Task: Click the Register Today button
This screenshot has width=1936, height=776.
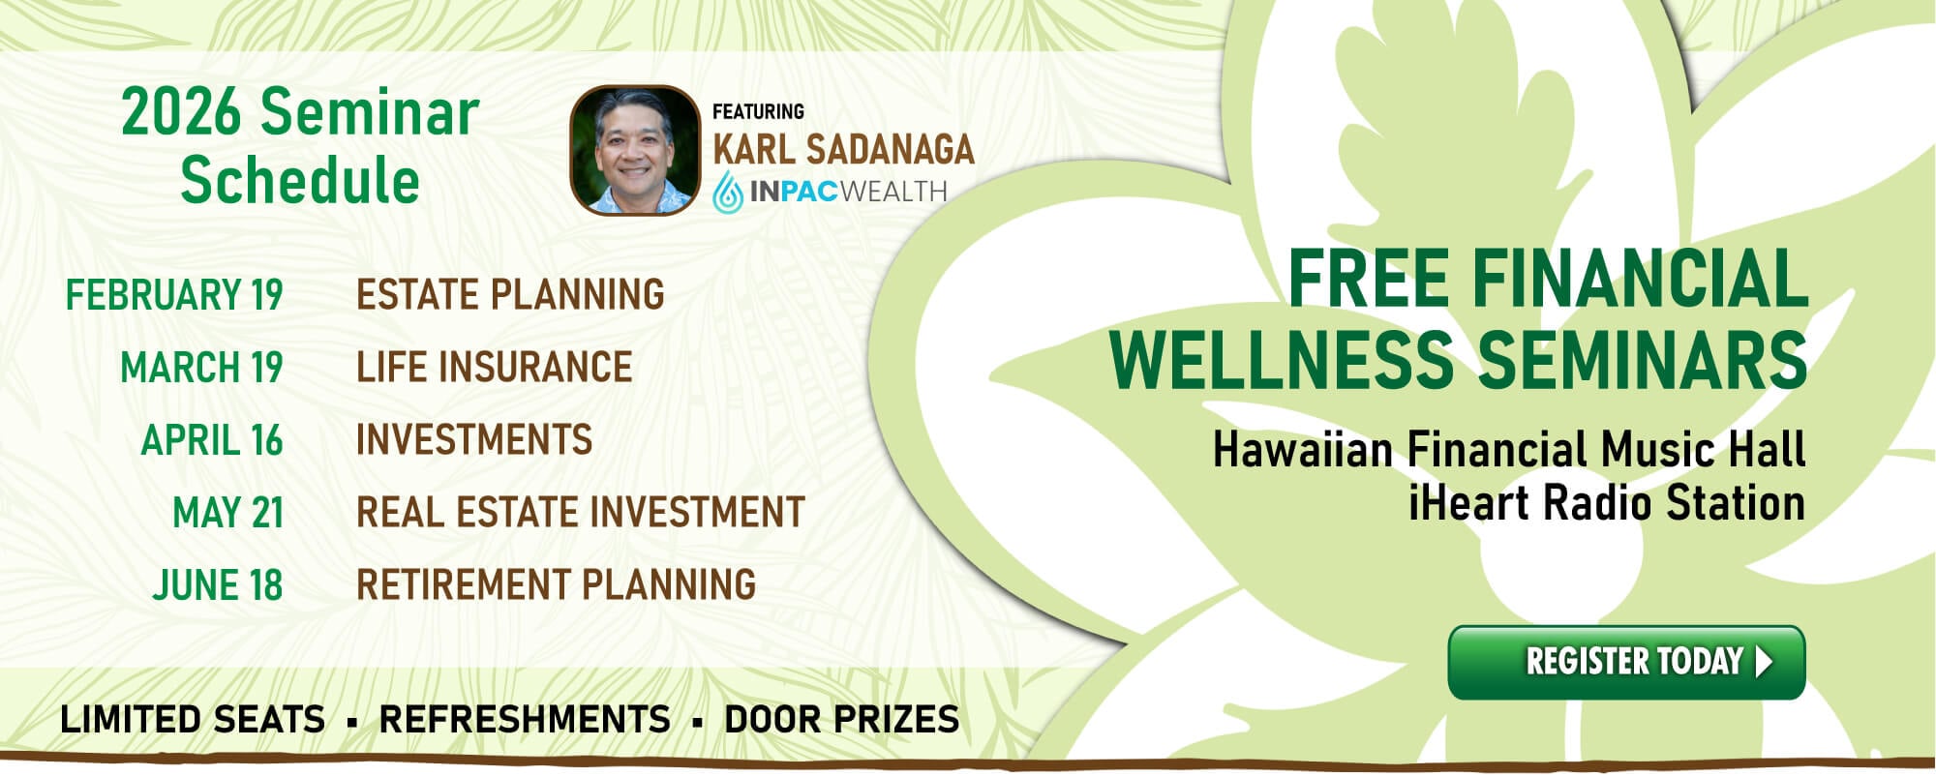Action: (1626, 663)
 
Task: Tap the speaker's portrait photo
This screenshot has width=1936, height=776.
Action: (635, 150)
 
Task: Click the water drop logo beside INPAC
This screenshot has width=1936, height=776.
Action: (728, 192)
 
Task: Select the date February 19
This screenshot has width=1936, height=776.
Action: (174, 294)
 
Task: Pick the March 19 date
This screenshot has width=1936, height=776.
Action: (201, 368)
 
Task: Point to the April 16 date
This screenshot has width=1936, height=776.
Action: (212, 440)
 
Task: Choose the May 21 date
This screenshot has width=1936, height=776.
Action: (227, 513)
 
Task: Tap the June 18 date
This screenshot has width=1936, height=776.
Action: (218, 585)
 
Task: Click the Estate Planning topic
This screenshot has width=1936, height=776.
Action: (510, 294)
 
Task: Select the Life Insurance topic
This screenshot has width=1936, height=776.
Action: (494, 368)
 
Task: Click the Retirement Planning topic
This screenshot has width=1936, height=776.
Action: (556, 585)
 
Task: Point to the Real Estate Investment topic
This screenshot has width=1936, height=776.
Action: (580, 513)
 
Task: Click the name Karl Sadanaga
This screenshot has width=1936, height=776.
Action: (843, 149)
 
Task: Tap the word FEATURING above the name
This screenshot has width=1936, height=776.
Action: (758, 112)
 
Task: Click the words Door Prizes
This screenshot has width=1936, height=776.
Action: (841, 720)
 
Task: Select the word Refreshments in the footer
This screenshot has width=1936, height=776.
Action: (525, 720)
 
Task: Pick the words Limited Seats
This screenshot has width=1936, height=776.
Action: (193, 720)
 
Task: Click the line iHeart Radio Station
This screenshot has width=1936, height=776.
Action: (1606, 503)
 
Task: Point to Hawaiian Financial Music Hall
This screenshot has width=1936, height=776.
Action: (1508, 450)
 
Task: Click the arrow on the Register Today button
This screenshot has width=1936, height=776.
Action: (1764, 662)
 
